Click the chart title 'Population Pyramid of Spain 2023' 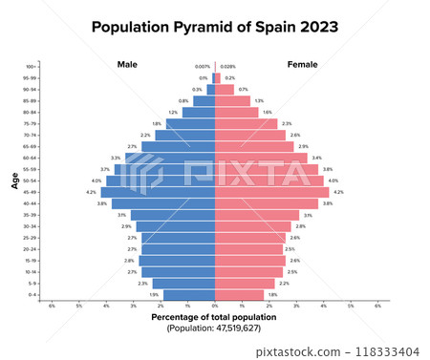click(x=214, y=28)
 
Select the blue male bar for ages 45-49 click(x=158, y=192)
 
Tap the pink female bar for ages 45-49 click(x=272, y=192)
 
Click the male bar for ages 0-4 click(x=189, y=295)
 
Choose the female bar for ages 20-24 click(x=249, y=249)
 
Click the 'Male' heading click(x=128, y=64)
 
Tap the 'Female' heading click(x=303, y=64)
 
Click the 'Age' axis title click(x=15, y=180)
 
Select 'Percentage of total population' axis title click(x=214, y=316)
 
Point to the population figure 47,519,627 click(x=214, y=328)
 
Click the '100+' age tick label click(x=32, y=66)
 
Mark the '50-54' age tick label click(x=32, y=180)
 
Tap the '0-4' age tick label click(x=32, y=295)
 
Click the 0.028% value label click(x=227, y=66)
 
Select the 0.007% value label click(x=202, y=66)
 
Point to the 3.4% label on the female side click(x=316, y=158)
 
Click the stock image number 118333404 click(x=393, y=351)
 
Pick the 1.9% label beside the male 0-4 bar click(x=154, y=295)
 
